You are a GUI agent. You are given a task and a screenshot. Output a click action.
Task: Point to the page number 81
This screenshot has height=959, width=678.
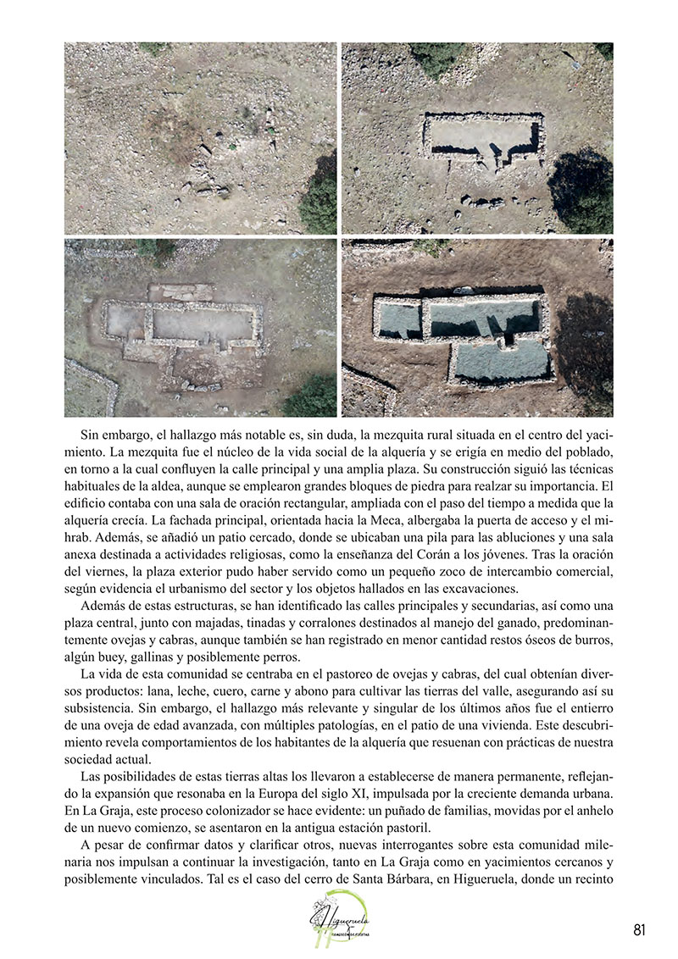pyautogui.click(x=639, y=930)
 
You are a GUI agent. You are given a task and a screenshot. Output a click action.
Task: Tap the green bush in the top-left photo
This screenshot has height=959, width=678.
pyautogui.click(x=320, y=203)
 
